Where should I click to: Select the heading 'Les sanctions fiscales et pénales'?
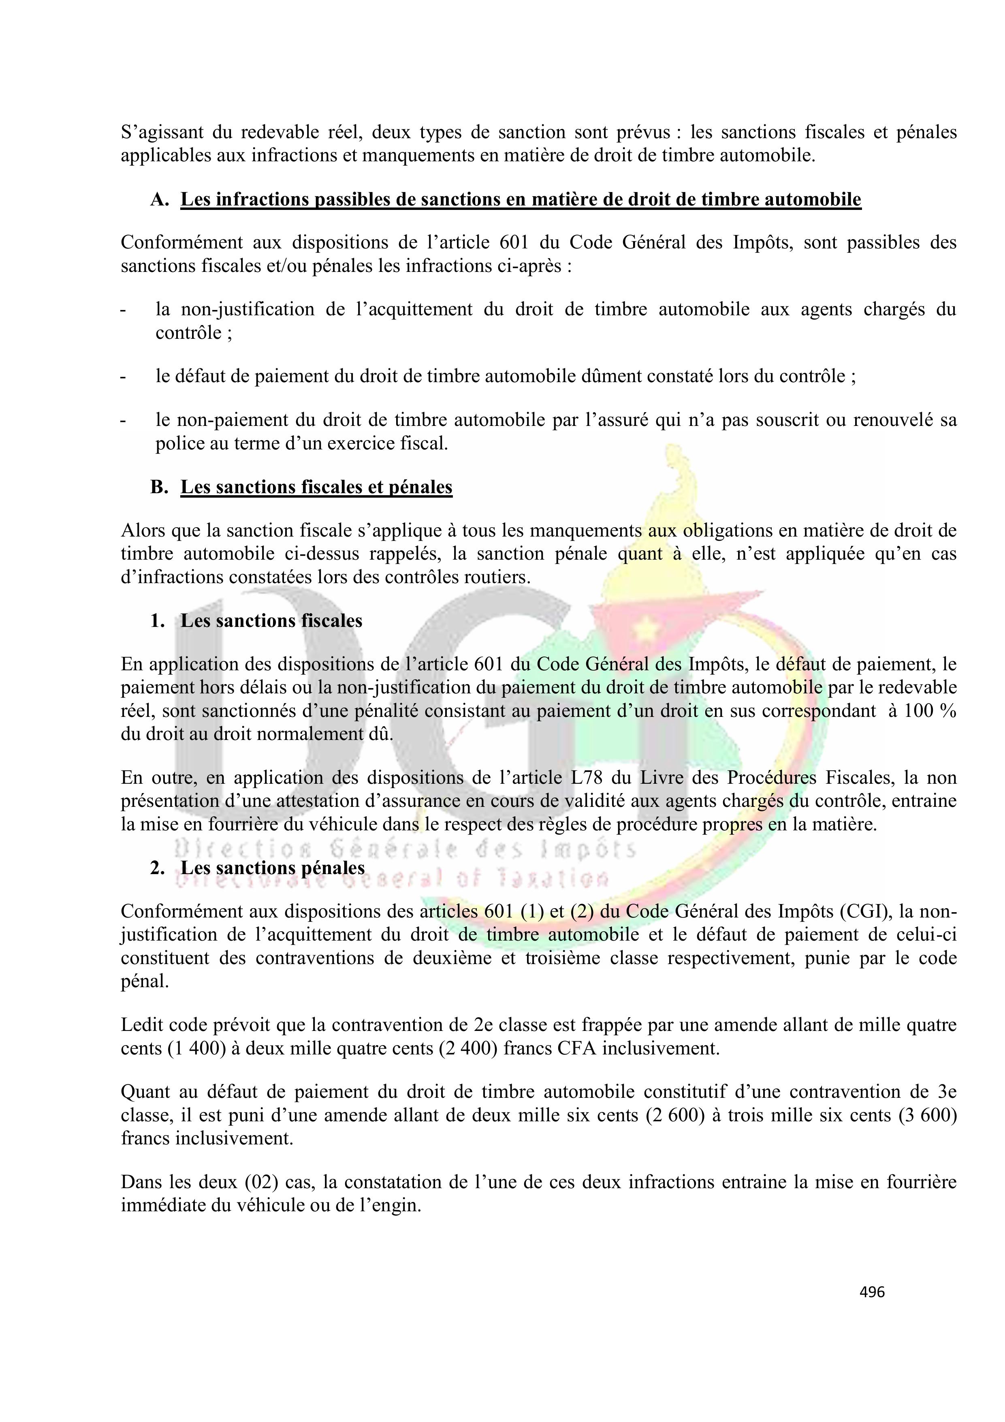pos(316,488)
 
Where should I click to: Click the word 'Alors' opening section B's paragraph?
pos(142,530)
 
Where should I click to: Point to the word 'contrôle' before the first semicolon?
pos(188,333)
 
